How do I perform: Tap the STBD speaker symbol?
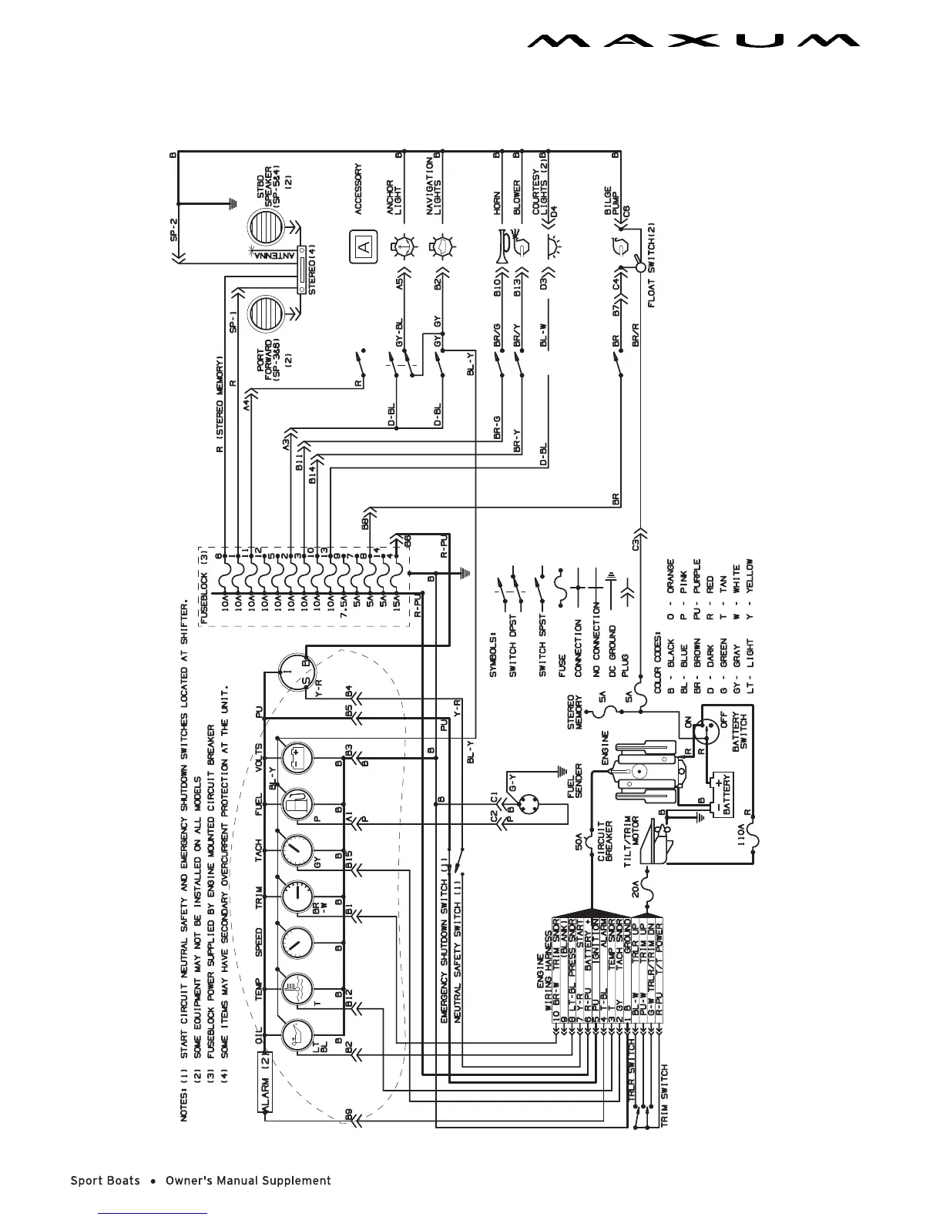click(266, 228)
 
